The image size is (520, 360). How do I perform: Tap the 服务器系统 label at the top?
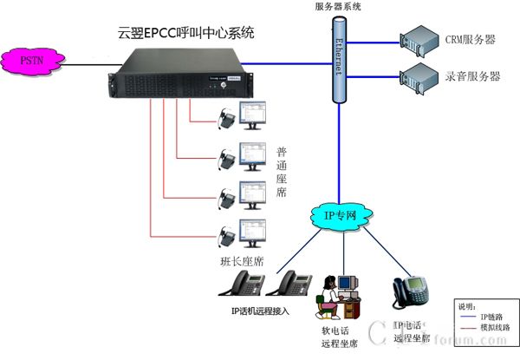click(339, 7)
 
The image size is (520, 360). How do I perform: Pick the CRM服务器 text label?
click(471, 40)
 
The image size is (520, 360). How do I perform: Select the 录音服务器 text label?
click(471, 76)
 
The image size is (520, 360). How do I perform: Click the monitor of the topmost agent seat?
click(252, 112)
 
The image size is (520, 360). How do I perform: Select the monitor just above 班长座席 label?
click(252, 232)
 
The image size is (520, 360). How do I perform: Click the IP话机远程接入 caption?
click(259, 310)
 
